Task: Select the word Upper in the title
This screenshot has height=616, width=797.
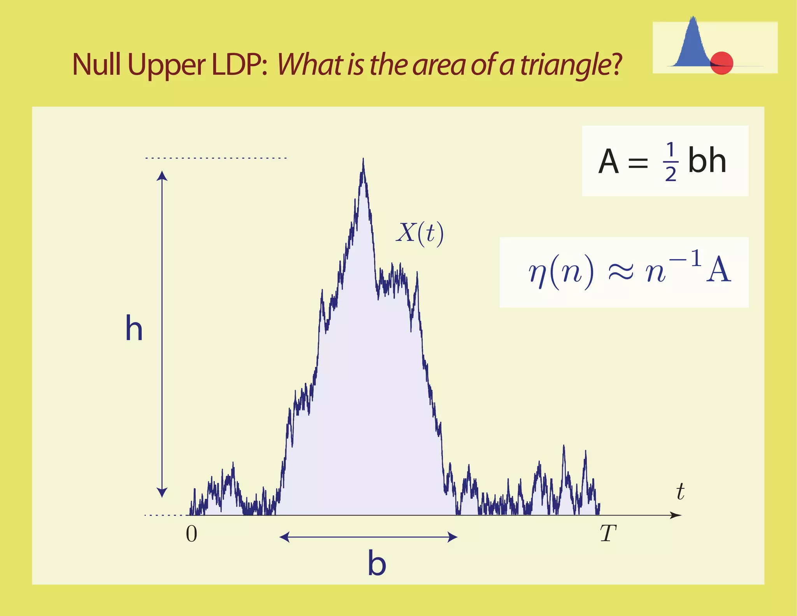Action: point(166,65)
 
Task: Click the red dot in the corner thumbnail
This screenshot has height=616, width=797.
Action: point(722,63)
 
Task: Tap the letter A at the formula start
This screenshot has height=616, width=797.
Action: point(608,162)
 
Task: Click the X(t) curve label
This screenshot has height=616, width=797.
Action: point(420,234)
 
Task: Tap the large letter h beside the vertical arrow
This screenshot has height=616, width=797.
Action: point(134,329)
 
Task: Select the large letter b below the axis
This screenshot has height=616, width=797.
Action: point(377,563)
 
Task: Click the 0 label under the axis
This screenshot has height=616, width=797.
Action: point(191,534)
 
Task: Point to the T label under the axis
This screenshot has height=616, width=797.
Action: point(608,533)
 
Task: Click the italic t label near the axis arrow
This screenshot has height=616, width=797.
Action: point(680,491)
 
